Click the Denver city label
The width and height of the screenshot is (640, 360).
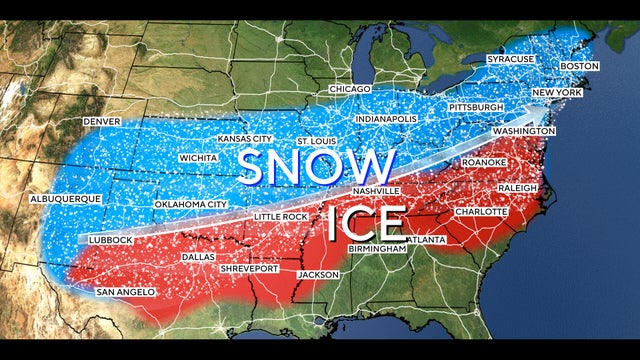pyautogui.click(x=101, y=122)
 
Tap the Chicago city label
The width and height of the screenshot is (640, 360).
pyautogui.click(x=350, y=90)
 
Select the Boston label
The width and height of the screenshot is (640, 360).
pyautogui.click(x=580, y=66)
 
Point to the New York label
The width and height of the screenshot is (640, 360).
pyautogui.click(x=557, y=93)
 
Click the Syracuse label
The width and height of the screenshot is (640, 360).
pyautogui.click(x=510, y=60)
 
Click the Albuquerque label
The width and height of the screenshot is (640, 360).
pyautogui.click(x=66, y=199)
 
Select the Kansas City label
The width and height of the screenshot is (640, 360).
pyautogui.click(x=245, y=138)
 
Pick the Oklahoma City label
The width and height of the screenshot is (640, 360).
pyautogui.click(x=190, y=205)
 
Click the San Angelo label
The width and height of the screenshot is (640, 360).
pyautogui.click(x=125, y=292)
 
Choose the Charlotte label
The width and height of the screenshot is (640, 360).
pyautogui.click(x=480, y=212)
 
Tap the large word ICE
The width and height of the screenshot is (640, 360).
pyautogui.click(x=366, y=223)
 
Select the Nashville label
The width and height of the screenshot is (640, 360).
pyautogui.click(x=376, y=191)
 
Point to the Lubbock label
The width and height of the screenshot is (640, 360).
pyautogui.click(x=109, y=240)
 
